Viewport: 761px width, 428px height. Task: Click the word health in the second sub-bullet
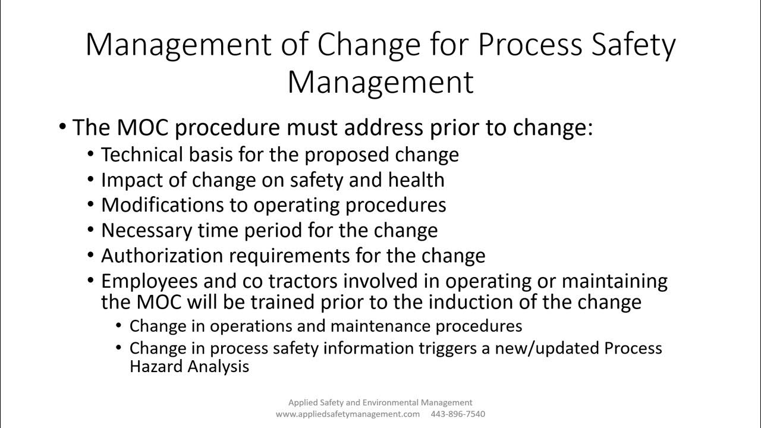416,180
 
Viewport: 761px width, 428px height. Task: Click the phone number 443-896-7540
458,414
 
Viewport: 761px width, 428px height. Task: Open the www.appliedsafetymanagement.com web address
347,414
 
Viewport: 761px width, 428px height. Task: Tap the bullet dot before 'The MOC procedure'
63,127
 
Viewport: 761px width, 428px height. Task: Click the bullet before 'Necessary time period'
90,230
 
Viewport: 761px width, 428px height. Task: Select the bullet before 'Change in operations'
118,326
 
